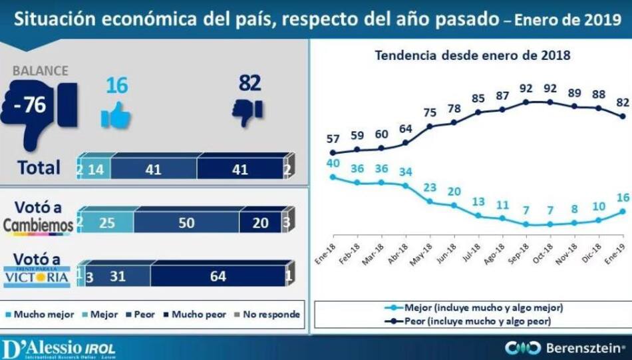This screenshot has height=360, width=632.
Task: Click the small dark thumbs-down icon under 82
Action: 247,111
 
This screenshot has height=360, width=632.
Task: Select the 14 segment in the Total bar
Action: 96,170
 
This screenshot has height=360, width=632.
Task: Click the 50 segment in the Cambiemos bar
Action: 186,223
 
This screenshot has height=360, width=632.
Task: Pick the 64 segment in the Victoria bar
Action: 218,275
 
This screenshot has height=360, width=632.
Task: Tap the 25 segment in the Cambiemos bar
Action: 108,223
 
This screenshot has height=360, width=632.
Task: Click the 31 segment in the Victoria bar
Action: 117,275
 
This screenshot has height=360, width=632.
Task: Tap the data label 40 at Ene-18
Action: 333,164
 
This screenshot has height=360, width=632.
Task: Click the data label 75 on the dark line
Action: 430,112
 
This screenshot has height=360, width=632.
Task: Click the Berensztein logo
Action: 566,347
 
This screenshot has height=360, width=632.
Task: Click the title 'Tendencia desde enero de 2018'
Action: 472,55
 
